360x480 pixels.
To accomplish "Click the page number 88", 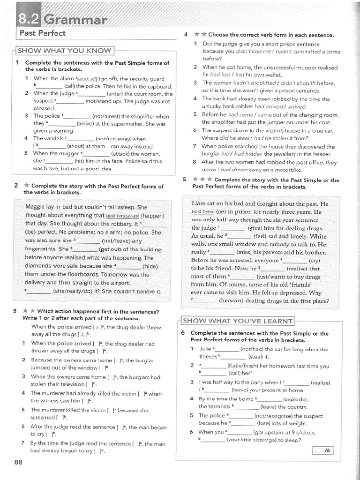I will pyautogui.click(x=18, y=461).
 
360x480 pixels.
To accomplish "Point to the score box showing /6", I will pyautogui.click(x=327, y=450).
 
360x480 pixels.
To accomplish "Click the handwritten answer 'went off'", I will pyautogui.click(x=87, y=78).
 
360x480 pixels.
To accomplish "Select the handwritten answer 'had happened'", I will pyautogui.click(x=123, y=216).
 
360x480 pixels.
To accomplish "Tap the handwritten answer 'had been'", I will pyautogui.click(x=202, y=211).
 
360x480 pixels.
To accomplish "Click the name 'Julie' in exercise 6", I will pyautogui.click(x=206, y=349).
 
